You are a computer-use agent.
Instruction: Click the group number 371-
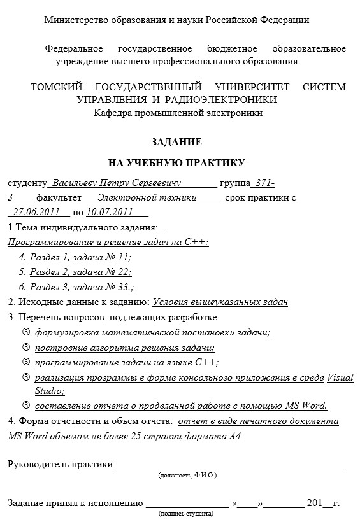pos(263,183)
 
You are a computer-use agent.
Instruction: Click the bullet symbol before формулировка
pos(26,332)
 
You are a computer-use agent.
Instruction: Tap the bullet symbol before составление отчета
pos(26,405)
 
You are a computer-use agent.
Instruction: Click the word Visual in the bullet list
pos(340,377)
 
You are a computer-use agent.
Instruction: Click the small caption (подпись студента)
pos(185,513)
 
